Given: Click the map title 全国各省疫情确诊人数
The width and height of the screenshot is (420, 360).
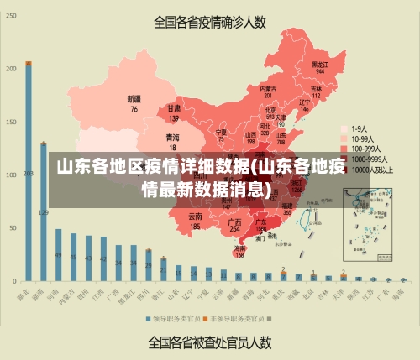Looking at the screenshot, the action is [209, 23].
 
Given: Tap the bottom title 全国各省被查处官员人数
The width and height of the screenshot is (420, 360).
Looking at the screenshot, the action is [209, 342].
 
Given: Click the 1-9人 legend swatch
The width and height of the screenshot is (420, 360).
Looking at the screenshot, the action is [344, 128].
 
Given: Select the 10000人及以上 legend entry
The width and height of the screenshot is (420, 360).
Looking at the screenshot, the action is [367, 169].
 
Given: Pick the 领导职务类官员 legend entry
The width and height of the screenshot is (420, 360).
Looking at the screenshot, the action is [173, 318].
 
